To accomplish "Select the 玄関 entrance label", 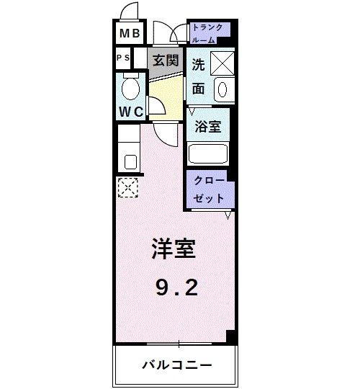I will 165,61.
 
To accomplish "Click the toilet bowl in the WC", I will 130,89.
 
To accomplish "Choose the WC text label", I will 130,112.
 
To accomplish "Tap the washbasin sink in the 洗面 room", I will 222,89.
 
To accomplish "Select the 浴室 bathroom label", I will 208,127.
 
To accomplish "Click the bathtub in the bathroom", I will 208,153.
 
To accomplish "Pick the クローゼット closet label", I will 209,189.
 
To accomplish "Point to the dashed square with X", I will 127,187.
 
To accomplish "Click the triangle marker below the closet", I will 228,215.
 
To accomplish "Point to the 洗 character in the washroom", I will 198,63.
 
